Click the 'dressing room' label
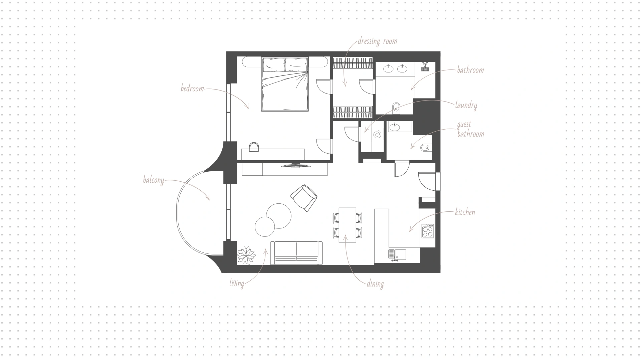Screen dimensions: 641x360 coord(377,41)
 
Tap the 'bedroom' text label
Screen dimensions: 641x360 coord(192,88)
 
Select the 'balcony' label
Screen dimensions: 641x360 coord(154,180)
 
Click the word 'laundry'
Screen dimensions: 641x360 coord(466,105)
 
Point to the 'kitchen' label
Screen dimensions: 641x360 coord(465,212)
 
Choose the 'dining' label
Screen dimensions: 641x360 coord(375,284)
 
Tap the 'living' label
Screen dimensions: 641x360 coord(237,284)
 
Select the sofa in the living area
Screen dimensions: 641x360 coord(296,253)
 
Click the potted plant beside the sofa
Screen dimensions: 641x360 coord(246,255)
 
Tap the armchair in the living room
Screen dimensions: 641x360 coord(303,198)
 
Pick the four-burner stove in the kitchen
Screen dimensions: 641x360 coord(428,231)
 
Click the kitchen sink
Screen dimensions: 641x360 coord(397,254)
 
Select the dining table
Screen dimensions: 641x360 coord(348,225)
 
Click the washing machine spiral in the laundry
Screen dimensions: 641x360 coord(377,135)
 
